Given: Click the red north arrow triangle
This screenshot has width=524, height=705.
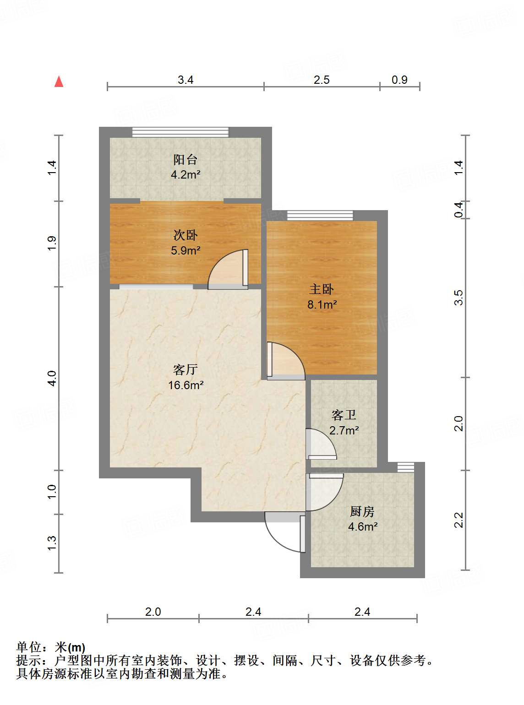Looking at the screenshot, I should pyautogui.click(x=59, y=81).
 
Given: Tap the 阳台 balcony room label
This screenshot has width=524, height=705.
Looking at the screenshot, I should pyautogui.click(x=185, y=159).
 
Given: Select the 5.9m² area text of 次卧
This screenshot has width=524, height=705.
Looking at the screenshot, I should pyautogui.click(x=186, y=250).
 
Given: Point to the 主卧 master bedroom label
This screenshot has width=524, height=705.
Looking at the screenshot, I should pyautogui.click(x=322, y=289).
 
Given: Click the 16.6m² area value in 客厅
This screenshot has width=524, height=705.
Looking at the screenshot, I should pyautogui.click(x=186, y=385).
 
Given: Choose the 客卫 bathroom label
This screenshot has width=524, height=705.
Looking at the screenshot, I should pyautogui.click(x=344, y=415).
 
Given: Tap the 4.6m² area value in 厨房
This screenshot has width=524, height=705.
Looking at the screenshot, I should pyautogui.click(x=362, y=526).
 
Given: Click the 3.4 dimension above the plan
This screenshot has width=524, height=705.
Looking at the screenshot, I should pyautogui.click(x=186, y=80).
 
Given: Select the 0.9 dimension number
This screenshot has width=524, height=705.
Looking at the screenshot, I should pyautogui.click(x=399, y=80).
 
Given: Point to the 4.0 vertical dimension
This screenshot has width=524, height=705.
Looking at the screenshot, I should pyautogui.click(x=52, y=378).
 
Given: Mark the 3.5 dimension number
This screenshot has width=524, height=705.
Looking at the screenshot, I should pyautogui.click(x=458, y=298).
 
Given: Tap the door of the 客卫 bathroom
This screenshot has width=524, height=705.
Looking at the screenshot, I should pyautogui.click(x=320, y=445).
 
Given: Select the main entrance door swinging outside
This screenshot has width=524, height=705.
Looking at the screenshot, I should pyautogui.click(x=284, y=533).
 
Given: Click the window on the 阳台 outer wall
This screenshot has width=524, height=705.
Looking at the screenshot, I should pyautogui.click(x=180, y=132).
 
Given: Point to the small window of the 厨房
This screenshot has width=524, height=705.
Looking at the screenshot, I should pyautogui.click(x=405, y=467).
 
